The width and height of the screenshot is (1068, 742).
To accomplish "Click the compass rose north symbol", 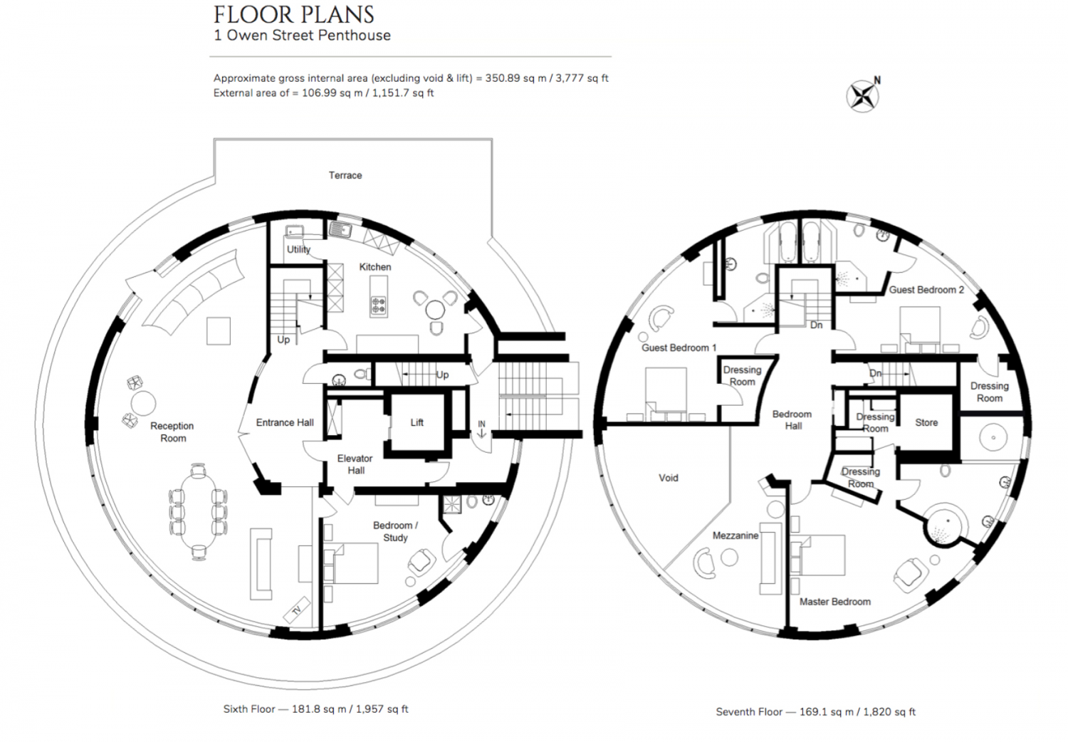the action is pos(864,96).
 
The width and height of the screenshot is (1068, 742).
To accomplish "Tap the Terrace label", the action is pos(345,175).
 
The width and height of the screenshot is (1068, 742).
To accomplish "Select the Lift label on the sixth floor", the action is pos(417,422).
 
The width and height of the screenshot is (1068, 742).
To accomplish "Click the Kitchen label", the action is pos(375,267).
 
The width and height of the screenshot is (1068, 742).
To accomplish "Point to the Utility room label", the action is pos(298,249).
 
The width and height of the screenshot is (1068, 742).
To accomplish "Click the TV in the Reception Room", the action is pos(297,610).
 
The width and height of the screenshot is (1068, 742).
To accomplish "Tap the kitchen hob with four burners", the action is pos(379,305).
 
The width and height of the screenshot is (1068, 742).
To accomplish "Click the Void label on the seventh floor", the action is pos(669,478).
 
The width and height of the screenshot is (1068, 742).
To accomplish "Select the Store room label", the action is pos(926,422).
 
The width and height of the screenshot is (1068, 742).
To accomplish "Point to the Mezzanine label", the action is pos(735,535).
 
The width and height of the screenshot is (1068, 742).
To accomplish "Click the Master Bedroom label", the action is pos(835,602).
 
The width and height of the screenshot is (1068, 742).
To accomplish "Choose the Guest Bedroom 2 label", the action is pos(926,290).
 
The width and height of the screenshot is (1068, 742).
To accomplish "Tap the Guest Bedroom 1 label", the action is pos(679,348).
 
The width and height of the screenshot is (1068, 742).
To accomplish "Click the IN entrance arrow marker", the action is pos(481,429).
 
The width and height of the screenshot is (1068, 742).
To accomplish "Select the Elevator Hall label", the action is pos(355,464).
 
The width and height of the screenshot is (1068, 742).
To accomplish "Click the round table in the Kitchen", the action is pos(435,310).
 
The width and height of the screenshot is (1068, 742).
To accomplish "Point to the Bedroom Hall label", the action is pos(792,420).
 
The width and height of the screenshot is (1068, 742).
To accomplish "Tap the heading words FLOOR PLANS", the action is pos(293,15).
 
